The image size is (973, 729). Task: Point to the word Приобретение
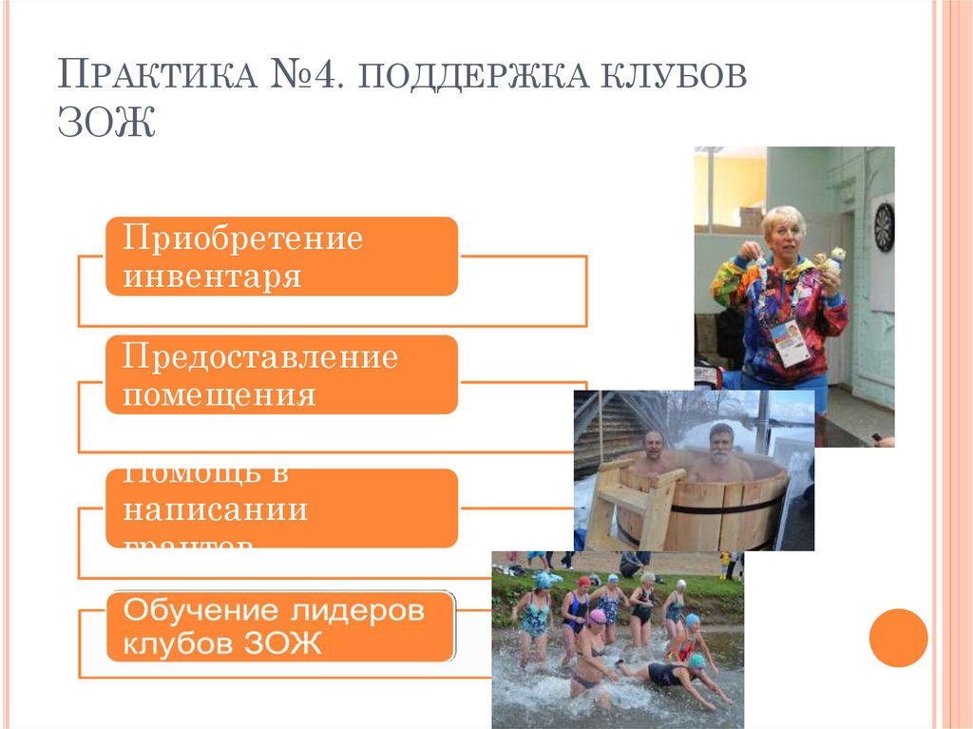pyautogui.click(x=242, y=239)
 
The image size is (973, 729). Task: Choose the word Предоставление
pyautogui.click(x=260, y=358)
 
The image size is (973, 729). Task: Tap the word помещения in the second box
pyautogui.click(x=219, y=393)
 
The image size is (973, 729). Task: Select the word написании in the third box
pyautogui.click(x=216, y=509)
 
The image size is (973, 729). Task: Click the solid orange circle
pyautogui.click(x=898, y=638)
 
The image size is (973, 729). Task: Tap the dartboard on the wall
pyautogui.click(x=884, y=227)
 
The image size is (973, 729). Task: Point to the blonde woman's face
pyautogui.click(x=783, y=233)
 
